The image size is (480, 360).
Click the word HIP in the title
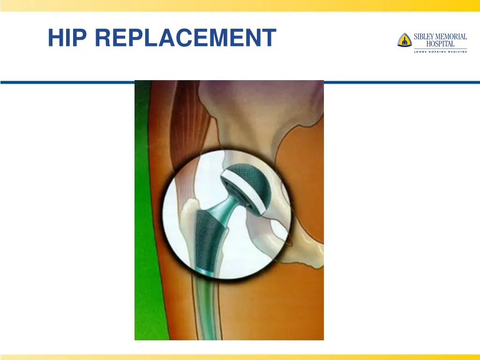(67, 38)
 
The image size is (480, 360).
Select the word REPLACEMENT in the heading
(185, 38)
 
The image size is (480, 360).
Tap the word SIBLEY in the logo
(425, 37)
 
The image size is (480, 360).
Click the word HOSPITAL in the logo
(440, 44)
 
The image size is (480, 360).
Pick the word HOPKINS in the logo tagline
(439, 52)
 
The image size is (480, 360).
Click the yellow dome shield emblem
(404, 40)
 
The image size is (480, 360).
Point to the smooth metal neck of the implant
(225, 204)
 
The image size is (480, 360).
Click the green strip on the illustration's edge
(143, 211)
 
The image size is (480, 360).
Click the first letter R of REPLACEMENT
(104, 38)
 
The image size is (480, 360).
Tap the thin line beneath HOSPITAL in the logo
(440, 48)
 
